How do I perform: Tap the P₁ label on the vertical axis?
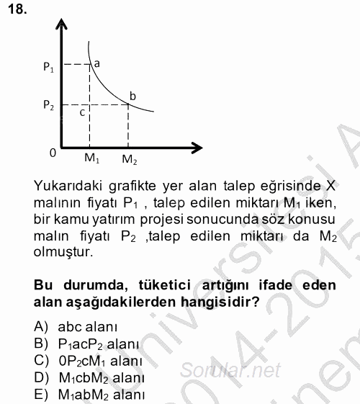coord(48,68)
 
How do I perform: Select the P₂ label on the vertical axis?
coord(48,106)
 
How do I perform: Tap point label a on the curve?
coord(96,63)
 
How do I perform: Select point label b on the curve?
coord(132,95)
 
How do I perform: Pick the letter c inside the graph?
coord(82,112)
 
